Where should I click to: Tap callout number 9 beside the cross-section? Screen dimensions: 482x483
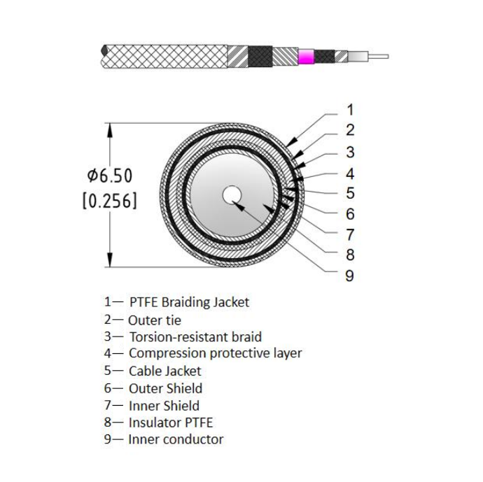coord(349,276)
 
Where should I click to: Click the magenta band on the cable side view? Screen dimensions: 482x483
coord(306,57)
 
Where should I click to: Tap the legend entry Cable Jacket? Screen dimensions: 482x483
coord(164,371)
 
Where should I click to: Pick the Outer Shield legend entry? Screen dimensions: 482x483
coord(165,388)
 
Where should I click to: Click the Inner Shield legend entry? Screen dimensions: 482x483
coord(164,405)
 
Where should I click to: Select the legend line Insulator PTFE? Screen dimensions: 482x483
coord(170,423)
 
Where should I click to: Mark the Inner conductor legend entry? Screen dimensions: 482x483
coord(176,439)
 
